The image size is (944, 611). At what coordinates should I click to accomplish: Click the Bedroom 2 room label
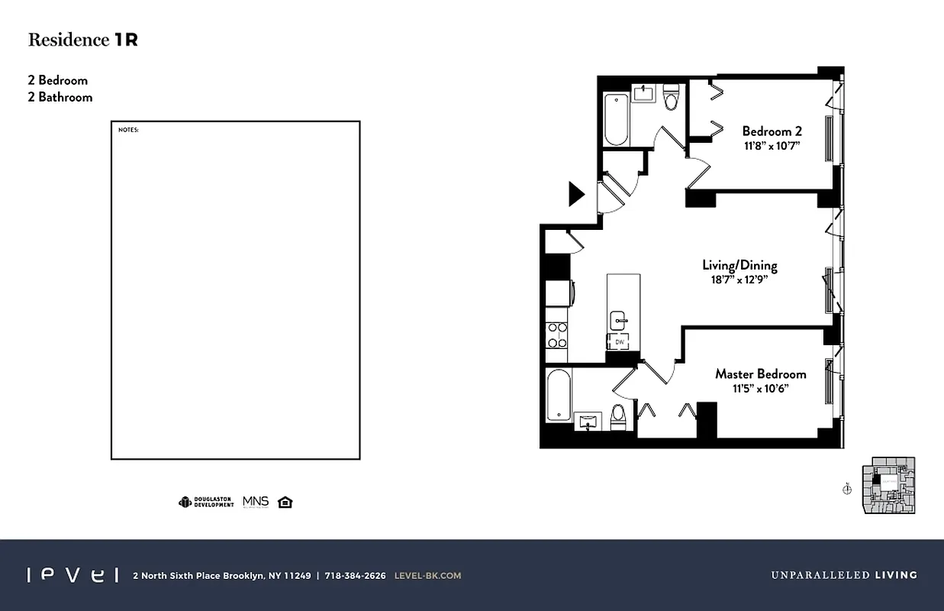(772, 131)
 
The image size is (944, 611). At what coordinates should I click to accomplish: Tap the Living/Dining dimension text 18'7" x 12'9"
(739, 280)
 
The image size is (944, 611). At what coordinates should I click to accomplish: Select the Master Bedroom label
(760, 374)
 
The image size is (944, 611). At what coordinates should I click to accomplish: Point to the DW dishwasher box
(620, 343)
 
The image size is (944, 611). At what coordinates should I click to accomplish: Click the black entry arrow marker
(576, 194)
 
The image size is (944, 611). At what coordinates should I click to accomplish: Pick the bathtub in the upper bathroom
(616, 119)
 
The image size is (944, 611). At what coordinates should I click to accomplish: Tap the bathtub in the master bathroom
(559, 394)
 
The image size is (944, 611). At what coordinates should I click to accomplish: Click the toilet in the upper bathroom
(671, 98)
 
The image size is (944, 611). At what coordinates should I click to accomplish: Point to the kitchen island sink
(617, 321)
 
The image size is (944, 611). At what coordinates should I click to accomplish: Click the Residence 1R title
(82, 40)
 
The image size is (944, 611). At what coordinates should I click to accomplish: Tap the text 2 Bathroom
(60, 97)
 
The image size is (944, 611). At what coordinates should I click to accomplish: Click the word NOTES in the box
(128, 130)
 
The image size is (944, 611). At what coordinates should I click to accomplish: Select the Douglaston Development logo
(207, 502)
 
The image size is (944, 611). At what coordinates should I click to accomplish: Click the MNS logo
(256, 502)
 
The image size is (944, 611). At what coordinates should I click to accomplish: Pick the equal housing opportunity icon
(285, 502)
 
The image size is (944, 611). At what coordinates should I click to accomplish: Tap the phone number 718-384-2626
(356, 576)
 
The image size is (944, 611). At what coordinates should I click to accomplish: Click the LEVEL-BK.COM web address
(427, 576)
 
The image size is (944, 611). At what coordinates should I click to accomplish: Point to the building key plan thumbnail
(889, 485)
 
